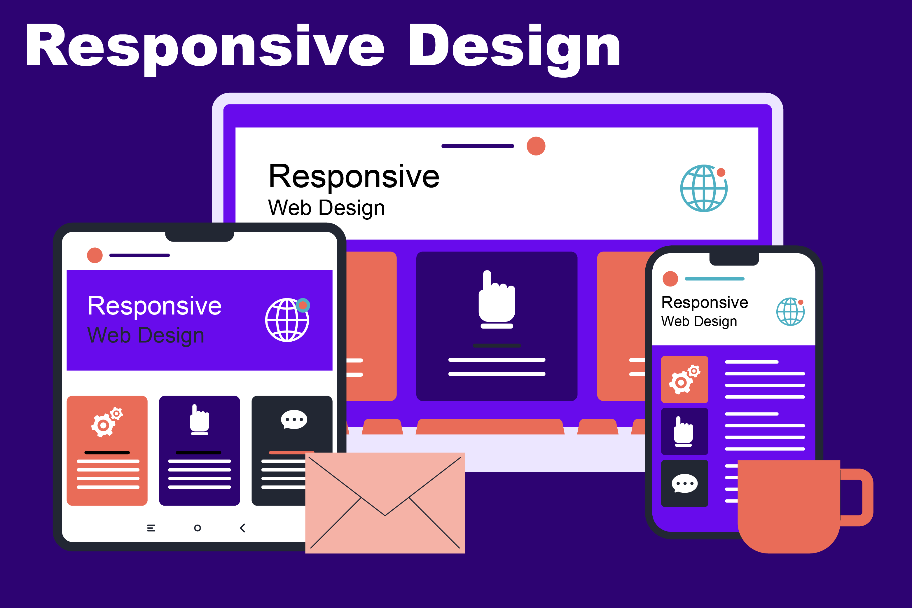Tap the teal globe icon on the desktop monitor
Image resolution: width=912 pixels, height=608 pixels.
coord(704,188)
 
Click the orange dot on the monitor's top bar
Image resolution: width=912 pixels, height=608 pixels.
coord(536,146)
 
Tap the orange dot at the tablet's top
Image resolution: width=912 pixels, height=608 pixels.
coord(95,255)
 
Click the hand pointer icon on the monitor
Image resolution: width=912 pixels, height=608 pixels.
coord(497,299)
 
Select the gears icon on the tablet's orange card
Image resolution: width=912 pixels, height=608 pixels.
coord(106,422)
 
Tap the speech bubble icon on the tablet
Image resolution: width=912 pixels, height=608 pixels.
coord(294,420)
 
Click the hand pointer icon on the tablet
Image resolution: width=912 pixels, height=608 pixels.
coord(199,420)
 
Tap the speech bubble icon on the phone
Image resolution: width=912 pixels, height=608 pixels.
coord(684,483)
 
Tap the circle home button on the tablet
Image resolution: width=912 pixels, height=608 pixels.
coord(198,528)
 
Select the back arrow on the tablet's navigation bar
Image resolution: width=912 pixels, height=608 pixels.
coord(243,528)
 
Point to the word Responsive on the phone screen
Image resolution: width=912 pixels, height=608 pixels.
coord(705,303)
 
